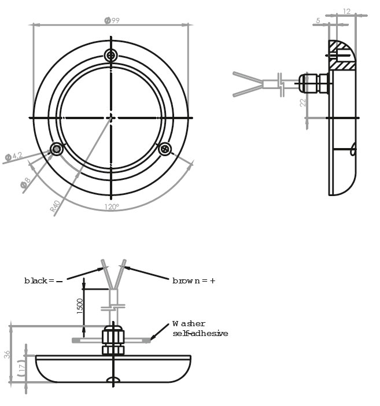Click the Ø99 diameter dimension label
click(112, 20)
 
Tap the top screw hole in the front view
click(111, 56)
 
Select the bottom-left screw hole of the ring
click(57, 149)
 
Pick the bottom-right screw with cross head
click(165, 149)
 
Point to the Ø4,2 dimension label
click(14, 156)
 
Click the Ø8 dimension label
click(25, 183)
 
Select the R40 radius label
click(55, 206)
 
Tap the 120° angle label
click(112, 207)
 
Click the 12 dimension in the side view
click(346, 12)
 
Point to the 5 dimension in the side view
click(318, 20)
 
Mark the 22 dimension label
click(303, 102)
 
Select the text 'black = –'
click(43, 280)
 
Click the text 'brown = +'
click(194, 280)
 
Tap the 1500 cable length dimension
click(80, 307)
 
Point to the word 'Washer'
click(189, 324)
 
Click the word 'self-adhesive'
click(200, 333)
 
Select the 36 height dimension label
click(7, 355)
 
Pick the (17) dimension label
click(21, 368)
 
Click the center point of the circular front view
click(111, 118)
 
